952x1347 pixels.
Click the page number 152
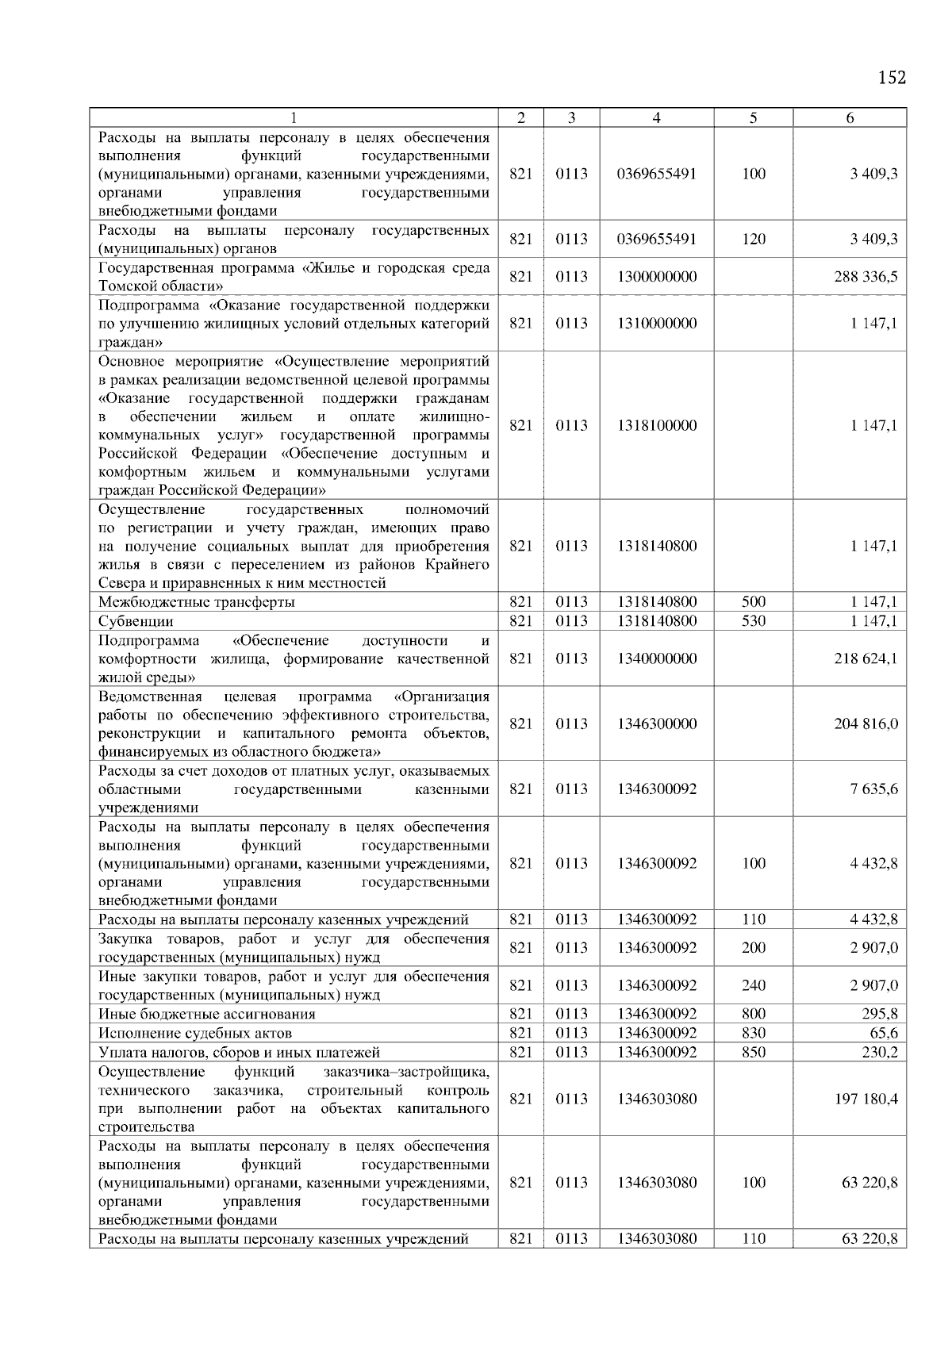point(892,78)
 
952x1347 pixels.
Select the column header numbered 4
point(656,118)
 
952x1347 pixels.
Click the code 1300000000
point(656,277)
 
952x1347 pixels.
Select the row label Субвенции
point(136,621)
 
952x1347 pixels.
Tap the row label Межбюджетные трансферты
point(197,602)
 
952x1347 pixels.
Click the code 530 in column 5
point(753,621)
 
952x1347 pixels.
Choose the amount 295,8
point(880,1014)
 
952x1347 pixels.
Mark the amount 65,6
point(883,1033)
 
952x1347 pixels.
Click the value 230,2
point(880,1052)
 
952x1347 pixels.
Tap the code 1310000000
point(656,324)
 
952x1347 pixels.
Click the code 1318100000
point(656,426)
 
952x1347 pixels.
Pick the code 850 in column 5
point(753,1052)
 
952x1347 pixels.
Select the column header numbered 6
point(850,118)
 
